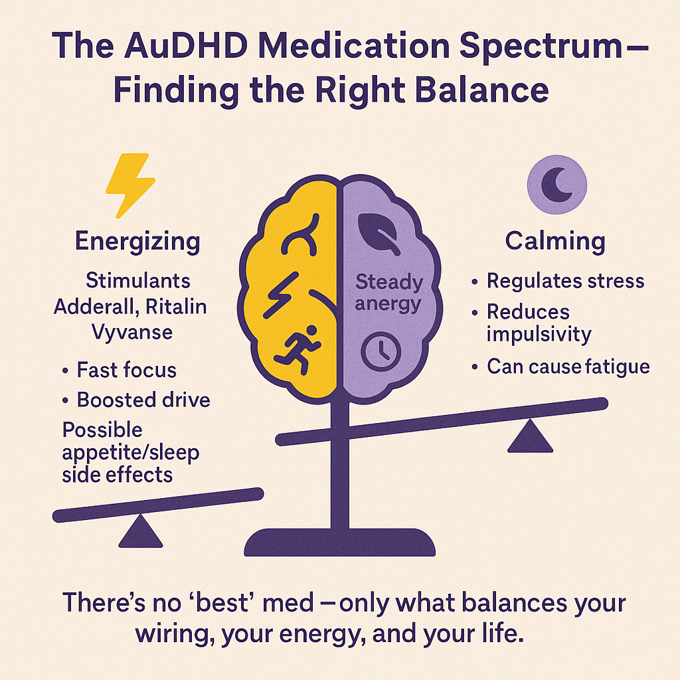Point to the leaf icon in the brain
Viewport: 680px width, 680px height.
click(379, 233)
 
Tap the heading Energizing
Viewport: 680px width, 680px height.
click(137, 240)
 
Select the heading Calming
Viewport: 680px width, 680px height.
click(554, 240)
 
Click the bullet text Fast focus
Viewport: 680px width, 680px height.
click(127, 369)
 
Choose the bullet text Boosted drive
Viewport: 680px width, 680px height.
click(143, 400)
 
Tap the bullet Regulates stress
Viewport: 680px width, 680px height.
click(565, 281)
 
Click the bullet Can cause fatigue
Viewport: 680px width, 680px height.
click(568, 366)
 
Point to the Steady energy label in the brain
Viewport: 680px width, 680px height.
click(388, 293)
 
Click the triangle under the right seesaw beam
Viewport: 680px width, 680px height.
click(529, 437)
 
